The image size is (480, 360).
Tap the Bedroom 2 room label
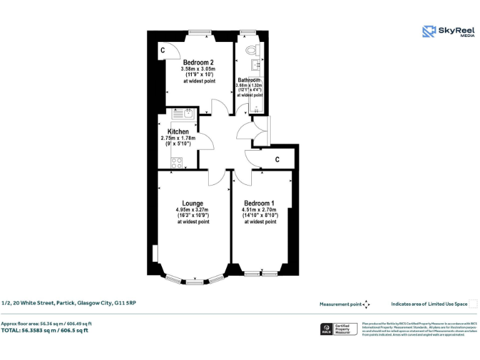(198, 62)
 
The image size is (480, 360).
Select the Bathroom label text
(249, 80)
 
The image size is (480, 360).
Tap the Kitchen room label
(177, 132)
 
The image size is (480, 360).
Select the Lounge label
(192, 203)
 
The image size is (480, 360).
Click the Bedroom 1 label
(259, 203)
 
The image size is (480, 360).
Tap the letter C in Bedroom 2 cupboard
(162, 50)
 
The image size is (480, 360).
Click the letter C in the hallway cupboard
(276, 159)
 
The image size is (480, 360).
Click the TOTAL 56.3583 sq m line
(44, 330)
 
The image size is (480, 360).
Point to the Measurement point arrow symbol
(367, 304)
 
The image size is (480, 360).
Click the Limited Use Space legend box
(473, 304)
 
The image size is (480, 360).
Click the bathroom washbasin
(255, 65)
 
